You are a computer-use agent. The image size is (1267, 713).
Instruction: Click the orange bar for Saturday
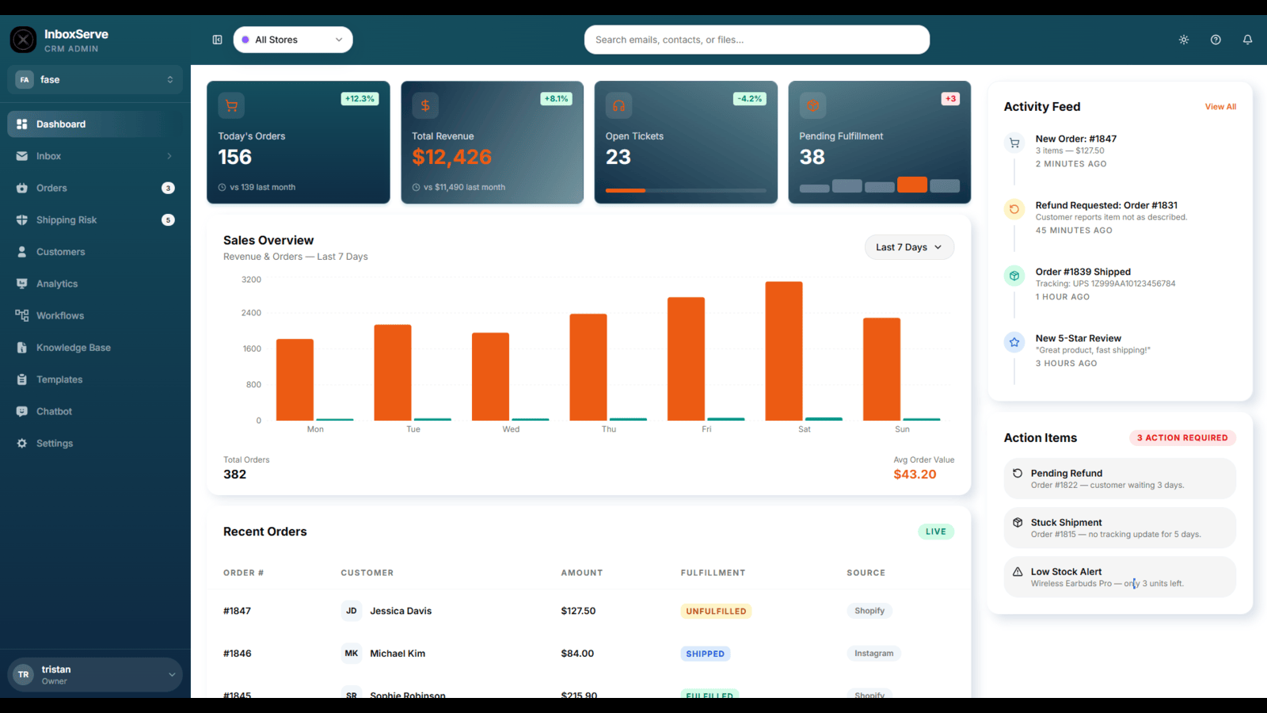783,351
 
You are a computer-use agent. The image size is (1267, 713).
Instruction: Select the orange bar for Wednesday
490,376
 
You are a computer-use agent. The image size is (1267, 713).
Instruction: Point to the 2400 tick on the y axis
251,313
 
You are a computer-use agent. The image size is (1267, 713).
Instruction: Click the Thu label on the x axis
609,429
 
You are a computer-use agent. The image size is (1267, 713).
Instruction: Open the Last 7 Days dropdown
909,247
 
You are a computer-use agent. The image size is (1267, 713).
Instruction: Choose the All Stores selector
293,40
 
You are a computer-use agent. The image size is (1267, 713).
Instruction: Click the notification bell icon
1247,40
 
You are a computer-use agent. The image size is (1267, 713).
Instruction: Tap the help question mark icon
1216,40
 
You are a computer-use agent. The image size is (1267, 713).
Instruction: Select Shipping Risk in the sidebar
67,219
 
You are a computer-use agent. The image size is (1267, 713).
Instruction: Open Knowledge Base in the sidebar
74,348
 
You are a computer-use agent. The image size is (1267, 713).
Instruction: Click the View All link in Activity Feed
1220,106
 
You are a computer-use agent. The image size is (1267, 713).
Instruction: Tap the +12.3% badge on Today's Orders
360,98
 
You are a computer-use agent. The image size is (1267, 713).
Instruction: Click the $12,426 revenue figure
451,157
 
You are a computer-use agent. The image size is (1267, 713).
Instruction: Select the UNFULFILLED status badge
716,611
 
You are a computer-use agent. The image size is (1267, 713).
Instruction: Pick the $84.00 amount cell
577,653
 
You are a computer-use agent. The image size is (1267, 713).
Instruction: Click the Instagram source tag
873,653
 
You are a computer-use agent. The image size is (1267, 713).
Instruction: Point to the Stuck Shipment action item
1120,528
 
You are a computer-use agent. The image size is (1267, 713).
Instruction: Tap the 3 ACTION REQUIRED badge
1182,437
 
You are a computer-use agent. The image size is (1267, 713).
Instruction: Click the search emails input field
757,40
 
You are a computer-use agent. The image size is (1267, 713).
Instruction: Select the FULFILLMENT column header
713,573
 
